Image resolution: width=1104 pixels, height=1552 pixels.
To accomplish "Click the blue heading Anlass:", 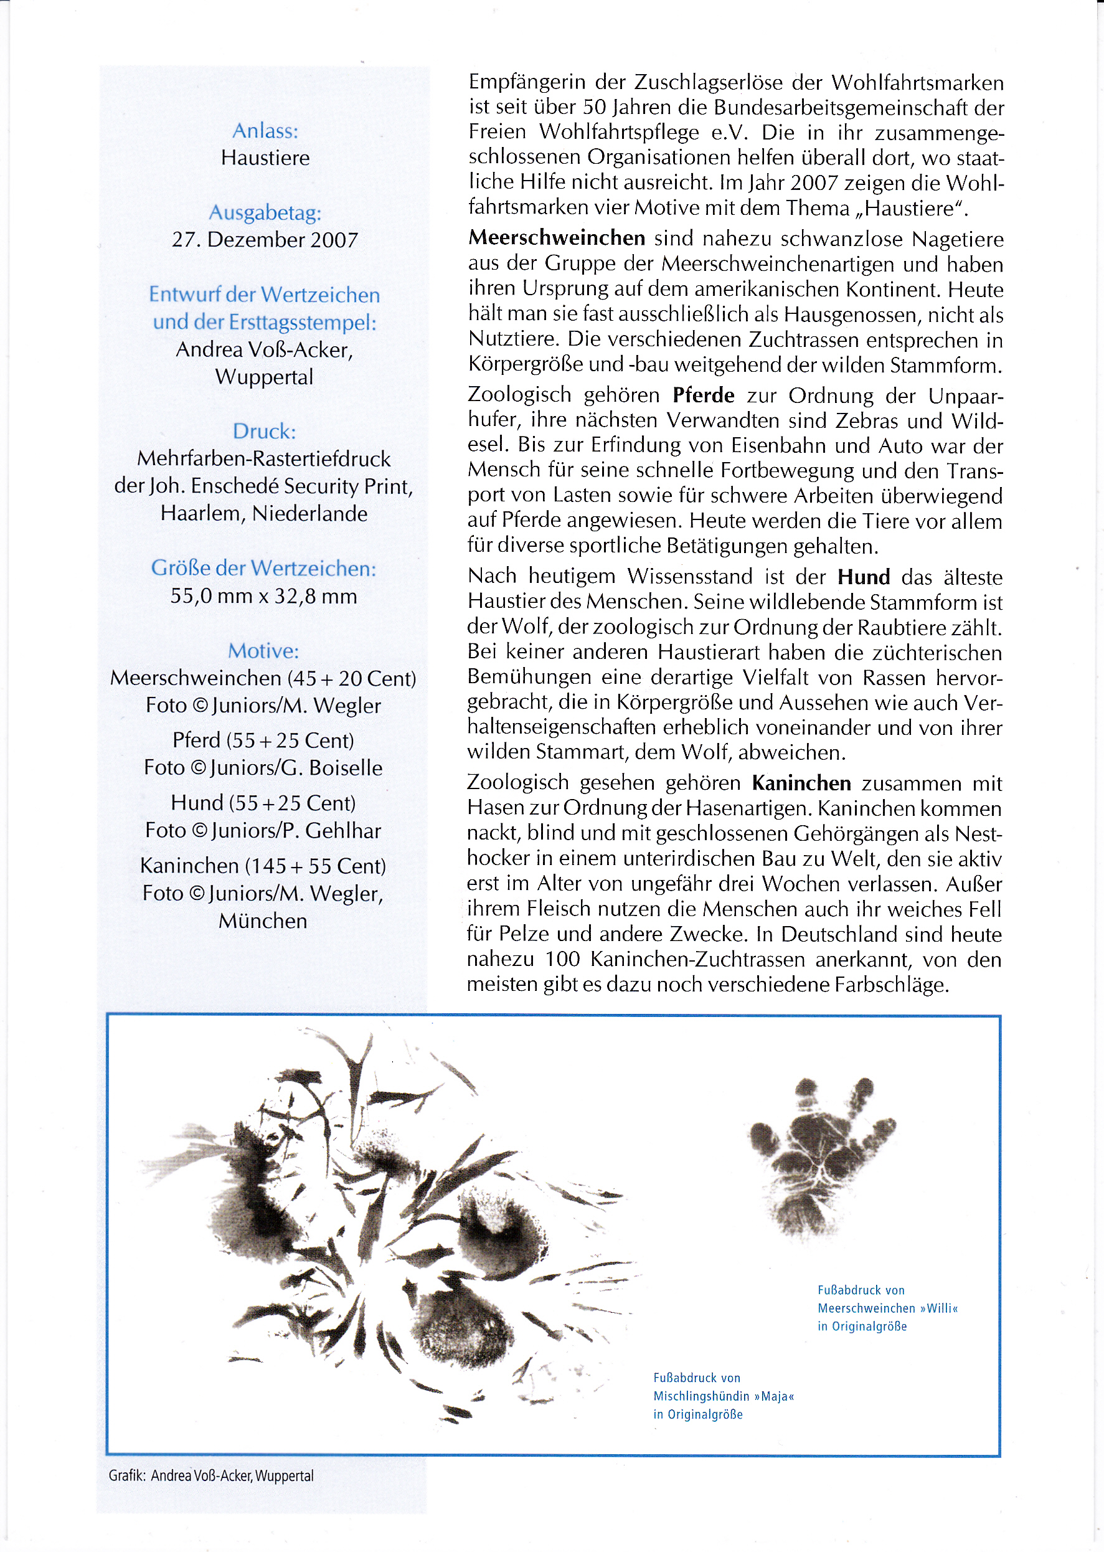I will [x=265, y=131].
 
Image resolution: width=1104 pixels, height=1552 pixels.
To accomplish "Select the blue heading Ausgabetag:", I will [x=265, y=213].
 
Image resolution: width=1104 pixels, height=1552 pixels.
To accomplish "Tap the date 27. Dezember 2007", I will [x=265, y=240].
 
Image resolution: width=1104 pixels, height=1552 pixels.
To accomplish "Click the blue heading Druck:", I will [x=265, y=432].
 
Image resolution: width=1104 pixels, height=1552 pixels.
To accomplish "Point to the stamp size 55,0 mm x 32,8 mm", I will [x=264, y=596].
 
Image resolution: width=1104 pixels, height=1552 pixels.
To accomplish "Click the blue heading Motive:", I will [x=264, y=651].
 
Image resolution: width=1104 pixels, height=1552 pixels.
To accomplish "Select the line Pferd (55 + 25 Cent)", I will [x=264, y=741].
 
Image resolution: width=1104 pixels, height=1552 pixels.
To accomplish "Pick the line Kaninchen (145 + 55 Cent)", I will [x=263, y=866].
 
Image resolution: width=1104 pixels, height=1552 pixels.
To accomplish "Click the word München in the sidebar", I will [x=263, y=921].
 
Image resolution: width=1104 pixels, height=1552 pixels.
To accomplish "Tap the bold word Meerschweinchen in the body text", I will [x=557, y=238].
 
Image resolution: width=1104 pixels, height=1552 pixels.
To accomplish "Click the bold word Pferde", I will [x=704, y=395].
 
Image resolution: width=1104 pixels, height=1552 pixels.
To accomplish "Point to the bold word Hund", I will [x=864, y=577].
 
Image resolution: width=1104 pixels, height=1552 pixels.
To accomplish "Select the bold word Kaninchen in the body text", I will [x=801, y=783].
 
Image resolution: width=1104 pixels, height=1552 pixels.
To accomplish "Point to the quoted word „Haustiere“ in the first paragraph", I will [x=911, y=208].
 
